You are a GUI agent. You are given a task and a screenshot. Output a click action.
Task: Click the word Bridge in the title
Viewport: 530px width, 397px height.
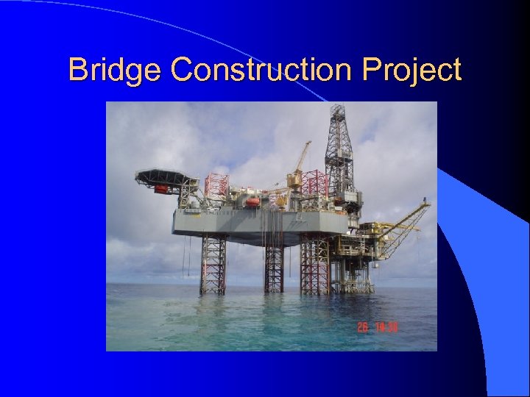click(116, 71)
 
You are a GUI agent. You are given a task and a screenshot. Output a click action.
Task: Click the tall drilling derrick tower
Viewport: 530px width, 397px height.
click(339, 147)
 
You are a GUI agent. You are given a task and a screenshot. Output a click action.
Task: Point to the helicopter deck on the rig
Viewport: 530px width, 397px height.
click(163, 177)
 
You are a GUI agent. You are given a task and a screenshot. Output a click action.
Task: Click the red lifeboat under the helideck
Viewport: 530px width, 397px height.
click(161, 189)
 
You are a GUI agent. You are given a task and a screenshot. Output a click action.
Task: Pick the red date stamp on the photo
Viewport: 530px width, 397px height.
click(377, 327)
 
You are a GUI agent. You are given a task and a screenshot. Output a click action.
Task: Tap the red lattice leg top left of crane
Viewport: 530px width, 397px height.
click(216, 185)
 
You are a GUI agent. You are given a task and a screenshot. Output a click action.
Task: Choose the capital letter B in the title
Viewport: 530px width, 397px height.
click(76, 71)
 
